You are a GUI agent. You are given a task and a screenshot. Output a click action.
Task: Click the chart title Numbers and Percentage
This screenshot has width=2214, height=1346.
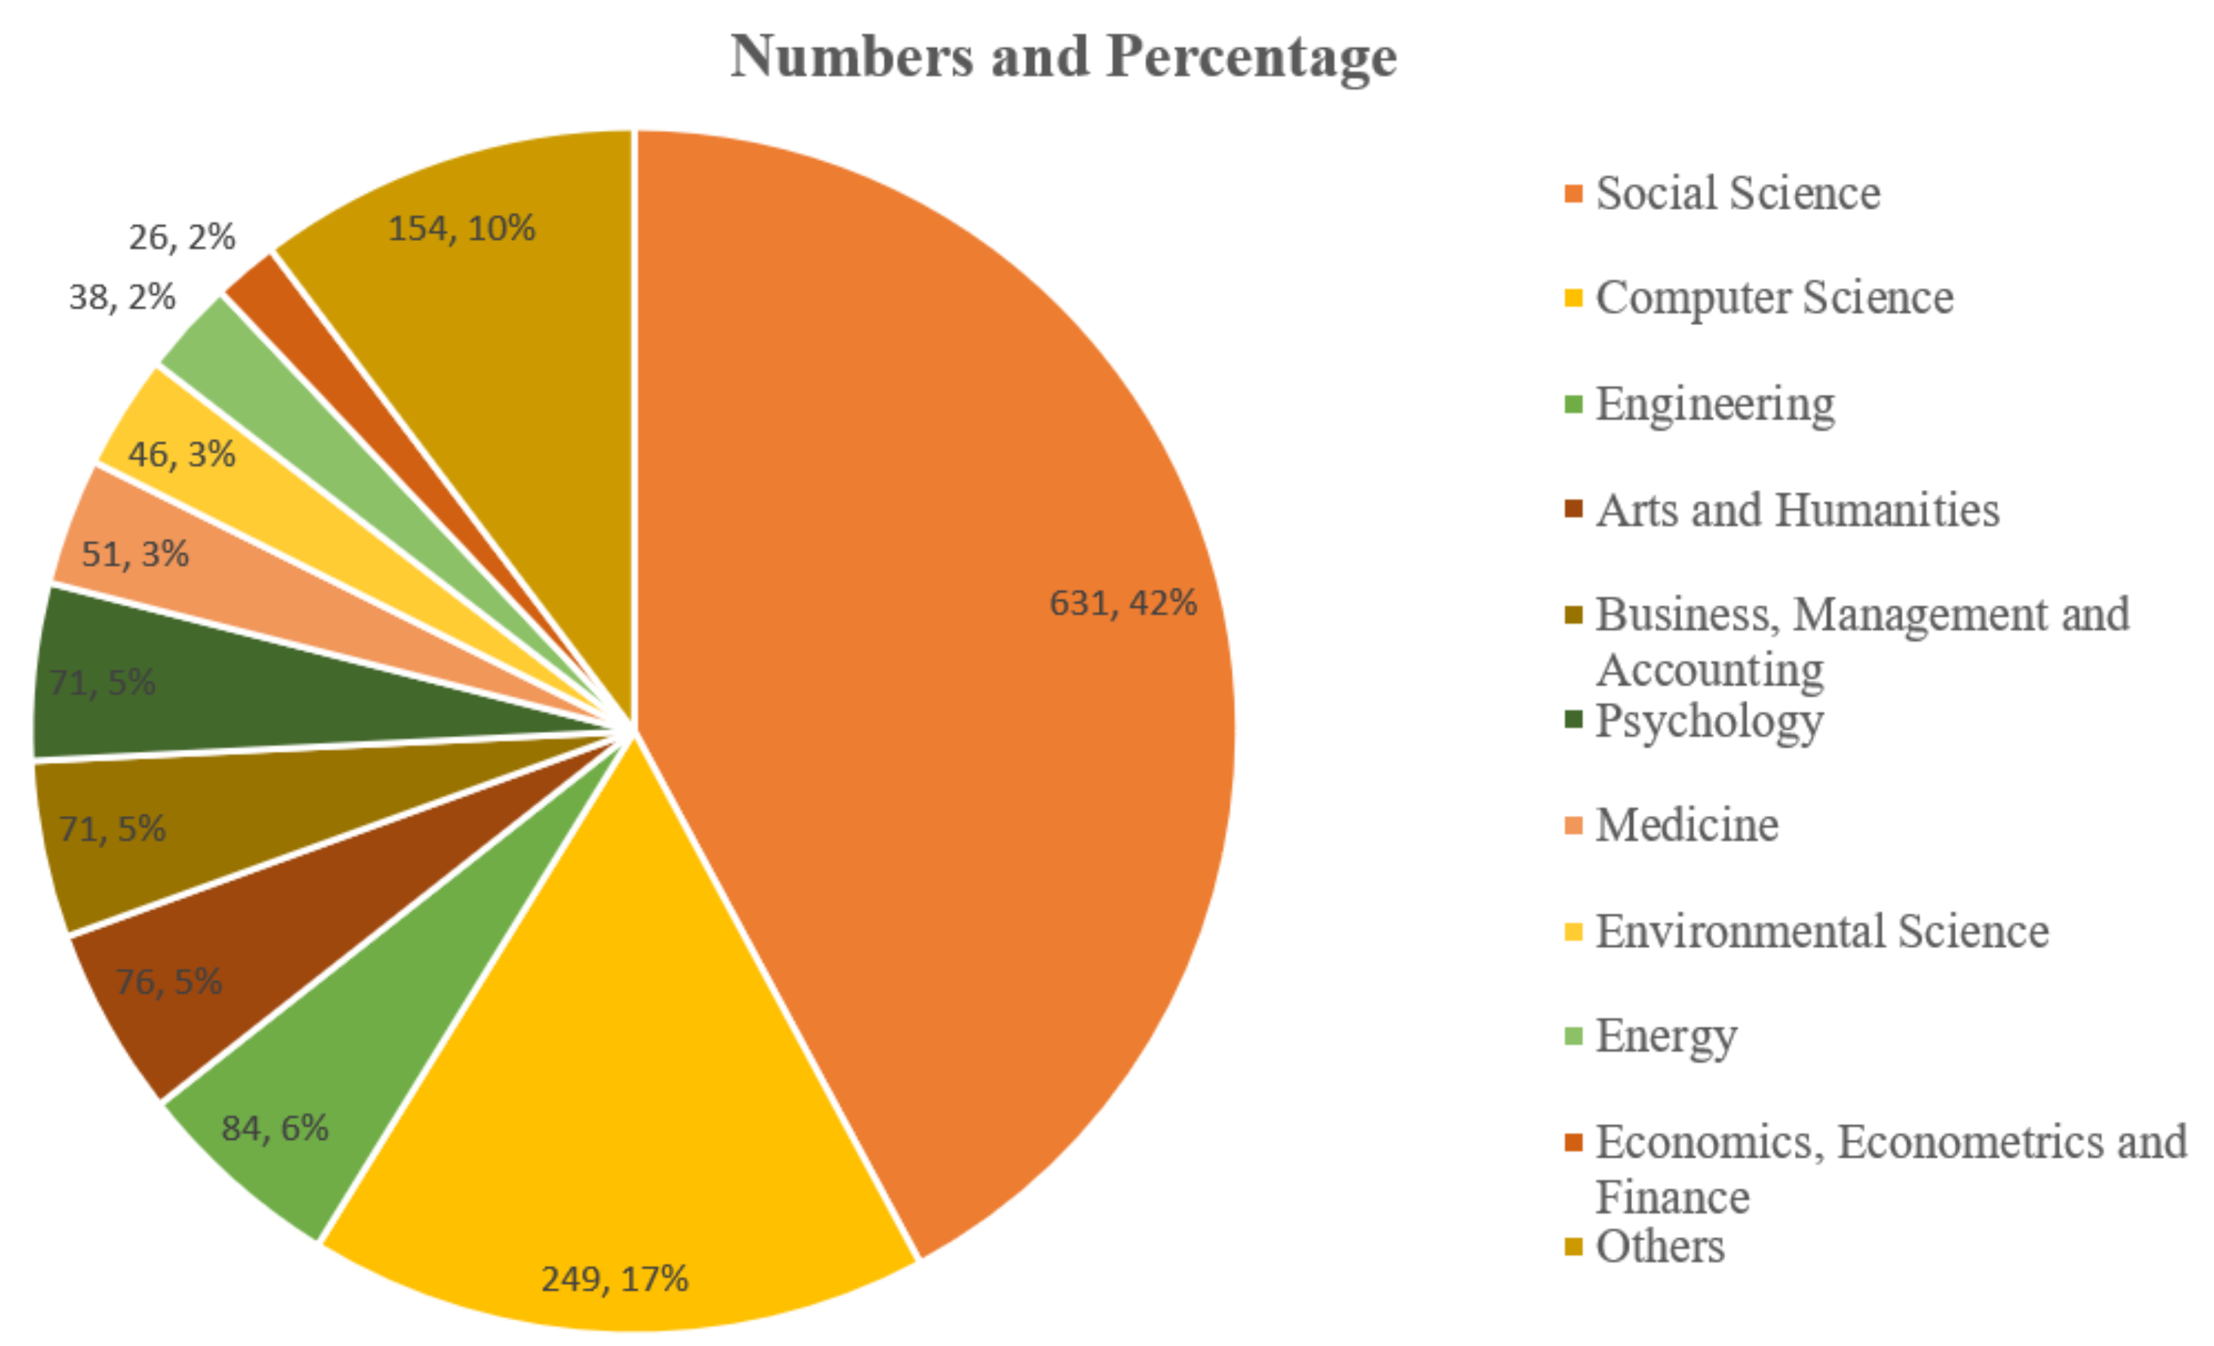[1063, 57]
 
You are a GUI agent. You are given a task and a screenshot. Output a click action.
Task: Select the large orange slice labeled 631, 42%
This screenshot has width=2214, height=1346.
[944, 539]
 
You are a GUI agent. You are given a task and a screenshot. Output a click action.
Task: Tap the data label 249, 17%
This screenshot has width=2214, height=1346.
[614, 1277]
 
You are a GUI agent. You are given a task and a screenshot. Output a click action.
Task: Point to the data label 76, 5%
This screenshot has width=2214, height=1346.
[169, 981]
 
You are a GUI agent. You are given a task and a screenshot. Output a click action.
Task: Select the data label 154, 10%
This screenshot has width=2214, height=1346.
[461, 228]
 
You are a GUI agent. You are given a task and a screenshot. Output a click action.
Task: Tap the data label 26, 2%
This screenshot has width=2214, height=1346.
[182, 238]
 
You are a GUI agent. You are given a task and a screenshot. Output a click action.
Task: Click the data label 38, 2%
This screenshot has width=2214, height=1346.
[122, 298]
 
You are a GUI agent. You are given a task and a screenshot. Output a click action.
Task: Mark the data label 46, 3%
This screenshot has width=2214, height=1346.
[182, 454]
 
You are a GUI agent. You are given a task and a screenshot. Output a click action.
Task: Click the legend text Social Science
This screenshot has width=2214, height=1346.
[1737, 193]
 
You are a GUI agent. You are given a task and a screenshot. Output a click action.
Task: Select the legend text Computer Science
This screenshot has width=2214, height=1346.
[1774, 298]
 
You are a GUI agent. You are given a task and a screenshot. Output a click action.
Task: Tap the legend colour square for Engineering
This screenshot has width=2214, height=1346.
[1572, 404]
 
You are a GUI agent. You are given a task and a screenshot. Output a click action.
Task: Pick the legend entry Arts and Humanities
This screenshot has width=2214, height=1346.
[1797, 510]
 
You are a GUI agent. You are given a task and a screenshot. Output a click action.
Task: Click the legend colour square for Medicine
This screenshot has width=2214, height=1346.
[1572, 825]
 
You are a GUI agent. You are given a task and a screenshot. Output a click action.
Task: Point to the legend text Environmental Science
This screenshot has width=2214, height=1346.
[1822, 931]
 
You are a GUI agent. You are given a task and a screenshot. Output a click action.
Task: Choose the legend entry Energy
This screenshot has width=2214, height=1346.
[1665, 1036]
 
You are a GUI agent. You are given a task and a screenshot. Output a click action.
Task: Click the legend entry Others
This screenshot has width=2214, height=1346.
[1658, 1246]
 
